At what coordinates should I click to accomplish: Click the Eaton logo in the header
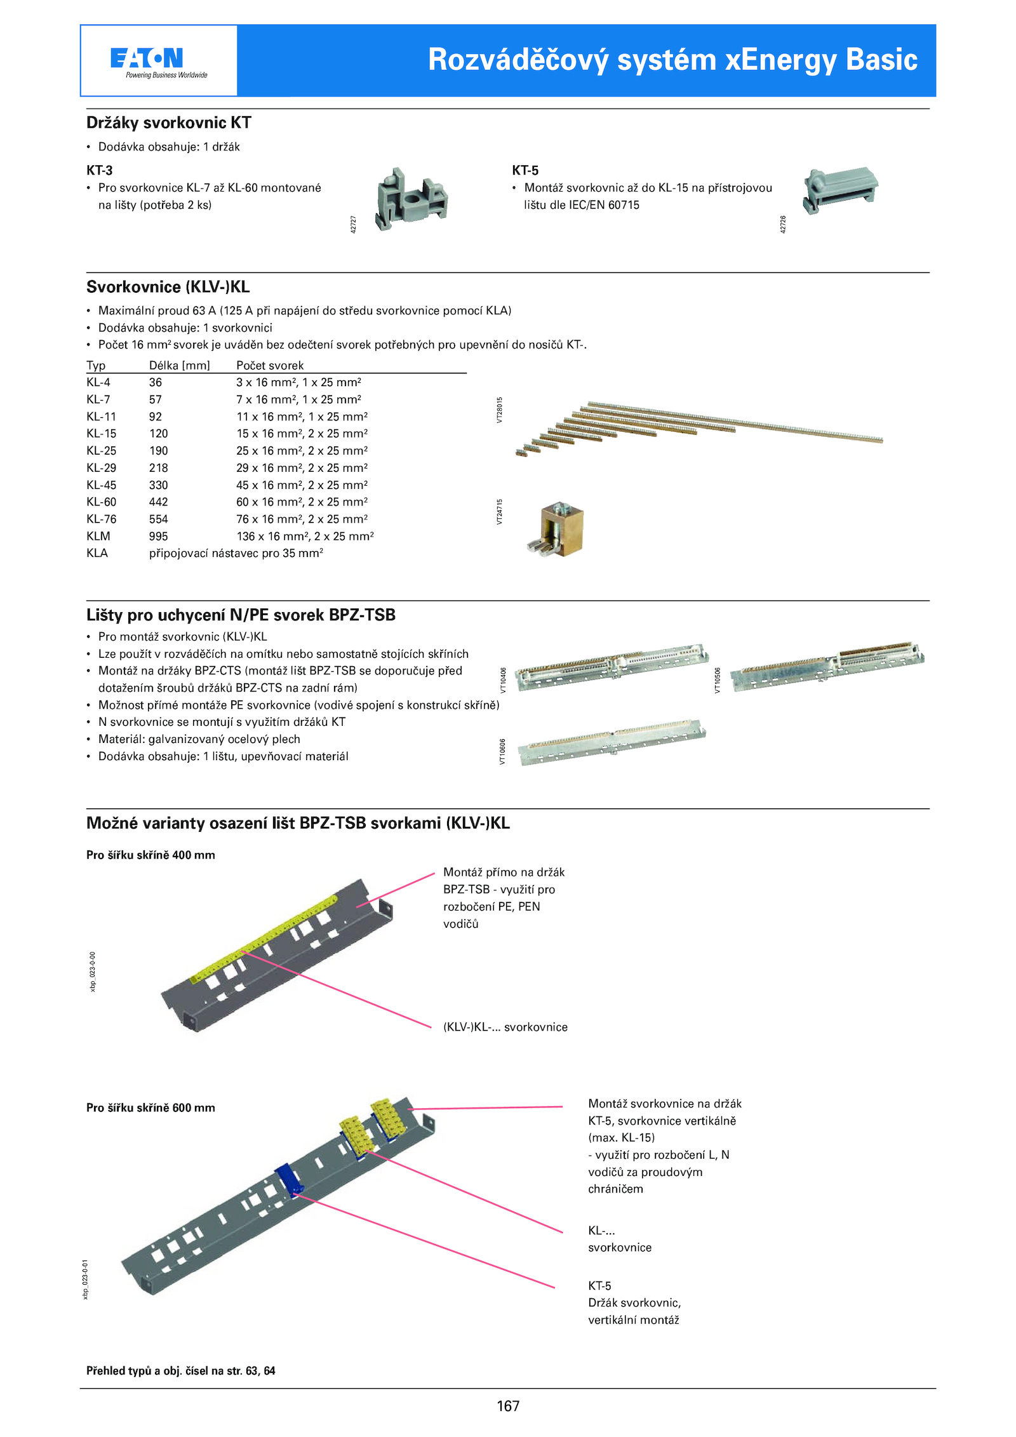pos(158,60)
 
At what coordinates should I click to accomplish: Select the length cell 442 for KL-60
pos(158,502)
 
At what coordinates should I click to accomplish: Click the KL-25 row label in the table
pos(101,450)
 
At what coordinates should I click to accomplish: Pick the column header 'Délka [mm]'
pos(179,365)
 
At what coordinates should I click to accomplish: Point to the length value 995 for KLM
pos(158,536)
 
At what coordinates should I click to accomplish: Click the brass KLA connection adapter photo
pos(557,529)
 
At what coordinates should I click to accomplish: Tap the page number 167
pos(508,1406)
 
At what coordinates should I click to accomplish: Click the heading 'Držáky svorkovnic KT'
pos(169,123)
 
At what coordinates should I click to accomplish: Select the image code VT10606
pos(502,751)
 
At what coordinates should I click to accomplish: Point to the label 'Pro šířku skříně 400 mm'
pos(150,855)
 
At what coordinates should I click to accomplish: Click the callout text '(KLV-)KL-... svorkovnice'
pos(505,1027)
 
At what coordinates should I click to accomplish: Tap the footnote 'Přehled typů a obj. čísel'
pos(180,1370)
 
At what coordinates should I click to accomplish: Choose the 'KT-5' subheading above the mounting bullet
pos(525,170)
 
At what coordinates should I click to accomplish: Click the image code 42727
pos(354,224)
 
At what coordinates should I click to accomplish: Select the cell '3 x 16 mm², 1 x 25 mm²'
pos(298,382)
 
